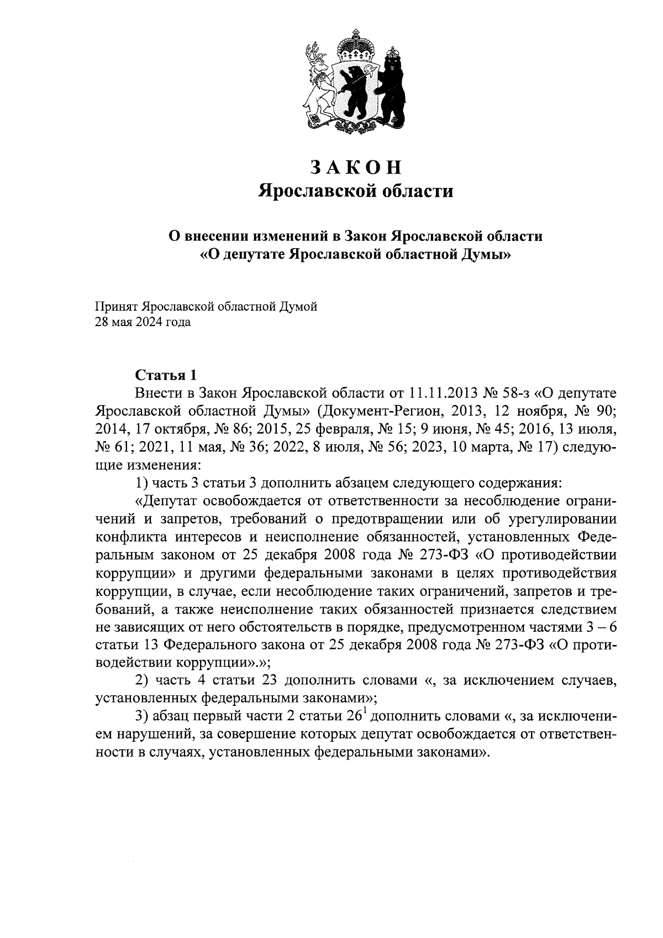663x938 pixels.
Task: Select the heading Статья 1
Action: click(x=166, y=375)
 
